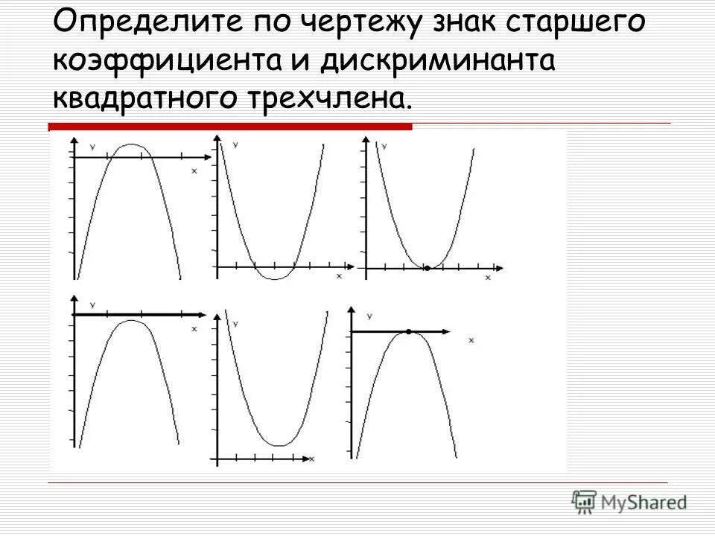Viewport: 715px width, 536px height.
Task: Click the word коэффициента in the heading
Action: pos(168,61)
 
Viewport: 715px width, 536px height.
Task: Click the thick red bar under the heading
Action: pos(230,127)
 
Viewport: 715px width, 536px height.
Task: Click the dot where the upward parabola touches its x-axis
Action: pos(427,267)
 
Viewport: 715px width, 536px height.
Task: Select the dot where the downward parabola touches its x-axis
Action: pos(409,331)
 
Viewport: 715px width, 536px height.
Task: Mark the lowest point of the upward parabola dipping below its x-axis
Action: pos(274,279)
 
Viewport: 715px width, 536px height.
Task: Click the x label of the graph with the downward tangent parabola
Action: pos(471,340)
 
